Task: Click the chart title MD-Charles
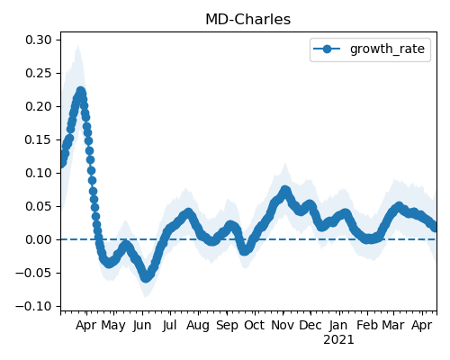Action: (x=247, y=20)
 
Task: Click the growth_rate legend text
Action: (x=387, y=49)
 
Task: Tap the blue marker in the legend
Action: (x=327, y=49)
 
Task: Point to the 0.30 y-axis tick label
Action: (x=39, y=40)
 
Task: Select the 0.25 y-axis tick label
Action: (x=39, y=73)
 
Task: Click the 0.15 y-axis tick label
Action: (x=39, y=139)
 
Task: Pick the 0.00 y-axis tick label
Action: (x=39, y=239)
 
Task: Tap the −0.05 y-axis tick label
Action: (x=33, y=273)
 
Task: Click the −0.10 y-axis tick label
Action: (x=33, y=306)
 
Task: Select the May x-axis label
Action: (x=113, y=326)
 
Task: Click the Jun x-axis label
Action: (x=142, y=326)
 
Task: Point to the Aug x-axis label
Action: (x=198, y=326)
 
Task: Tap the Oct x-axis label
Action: (x=255, y=325)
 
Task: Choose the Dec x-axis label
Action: (x=310, y=325)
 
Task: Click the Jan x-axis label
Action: (x=338, y=326)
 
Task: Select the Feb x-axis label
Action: (x=367, y=325)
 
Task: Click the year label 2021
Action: (x=338, y=340)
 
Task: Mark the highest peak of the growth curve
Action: (x=80, y=91)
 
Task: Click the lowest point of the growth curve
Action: (x=146, y=277)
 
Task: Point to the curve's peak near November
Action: (x=285, y=190)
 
